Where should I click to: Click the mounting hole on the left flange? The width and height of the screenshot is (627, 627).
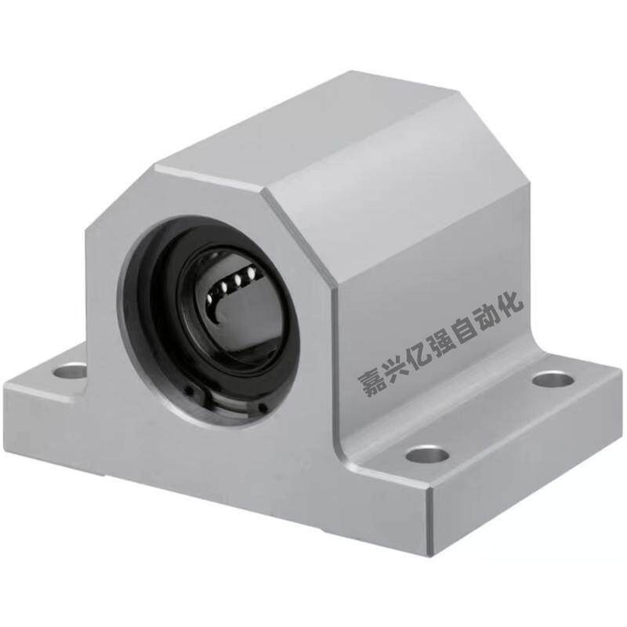click(x=70, y=371)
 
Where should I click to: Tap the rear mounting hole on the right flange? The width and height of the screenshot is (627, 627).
click(x=553, y=379)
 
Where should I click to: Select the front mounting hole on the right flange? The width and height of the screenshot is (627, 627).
click(x=427, y=455)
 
